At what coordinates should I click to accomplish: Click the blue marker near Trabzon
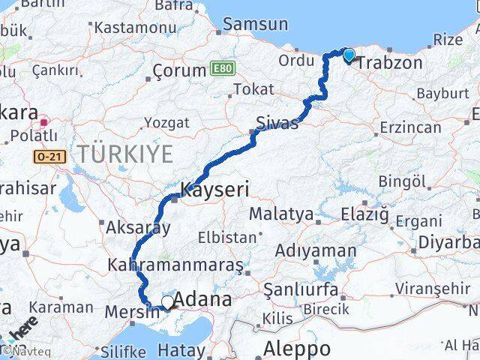coord(349,54)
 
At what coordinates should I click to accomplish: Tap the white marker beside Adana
coord(166,301)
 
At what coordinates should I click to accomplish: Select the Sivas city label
coord(277,122)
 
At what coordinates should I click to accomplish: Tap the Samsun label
coord(256,24)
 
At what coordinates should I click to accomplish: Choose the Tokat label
coord(253,89)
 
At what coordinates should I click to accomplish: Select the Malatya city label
coord(280,214)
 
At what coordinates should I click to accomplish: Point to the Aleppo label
coord(298,349)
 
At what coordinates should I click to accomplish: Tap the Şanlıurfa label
coord(296,289)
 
